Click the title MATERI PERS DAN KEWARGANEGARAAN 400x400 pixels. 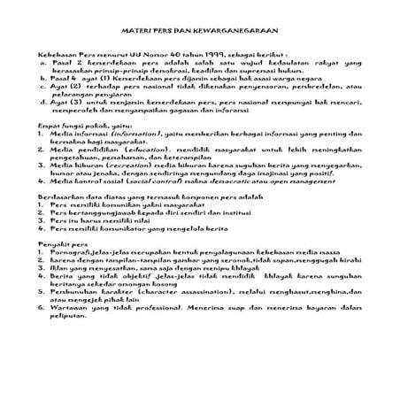point(199,29)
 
